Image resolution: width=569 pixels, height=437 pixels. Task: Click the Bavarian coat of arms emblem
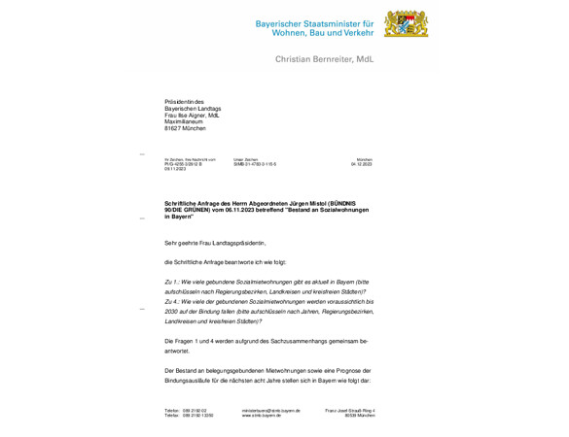(x=406, y=25)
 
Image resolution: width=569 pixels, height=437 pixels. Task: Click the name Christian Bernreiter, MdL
(x=324, y=59)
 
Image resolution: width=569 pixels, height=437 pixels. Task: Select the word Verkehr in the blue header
(x=354, y=33)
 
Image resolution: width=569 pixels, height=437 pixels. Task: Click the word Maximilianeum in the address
(x=185, y=121)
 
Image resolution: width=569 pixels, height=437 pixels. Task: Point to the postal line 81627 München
(x=185, y=128)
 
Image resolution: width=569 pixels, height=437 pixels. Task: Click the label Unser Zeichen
(x=246, y=159)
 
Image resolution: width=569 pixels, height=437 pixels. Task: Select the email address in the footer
(x=271, y=411)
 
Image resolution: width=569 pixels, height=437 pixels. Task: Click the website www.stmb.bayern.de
(x=265, y=416)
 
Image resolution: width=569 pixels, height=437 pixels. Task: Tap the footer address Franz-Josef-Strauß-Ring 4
(x=349, y=411)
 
